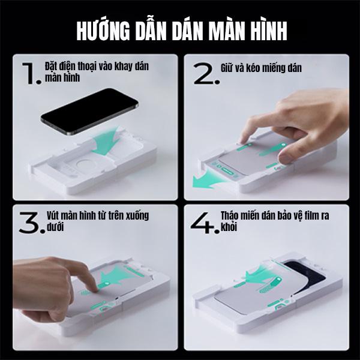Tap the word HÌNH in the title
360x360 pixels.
click(269, 31)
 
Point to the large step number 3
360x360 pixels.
click(30, 223)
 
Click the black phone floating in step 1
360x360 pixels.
click(89, 112)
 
